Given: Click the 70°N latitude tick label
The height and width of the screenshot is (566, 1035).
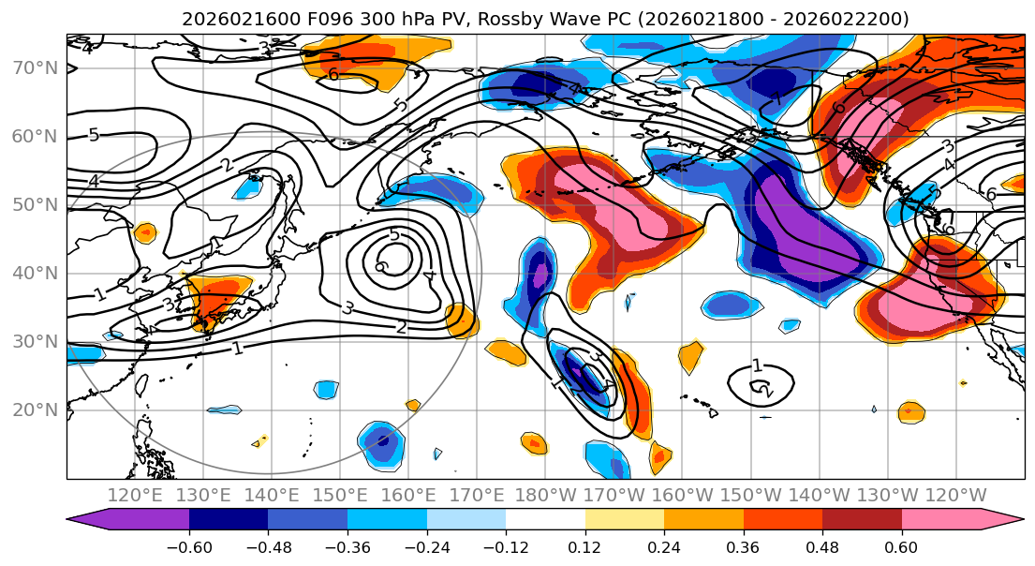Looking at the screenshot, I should (x=35, y=67).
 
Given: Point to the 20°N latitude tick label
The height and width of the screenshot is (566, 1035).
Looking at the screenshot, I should (x=35, y=410).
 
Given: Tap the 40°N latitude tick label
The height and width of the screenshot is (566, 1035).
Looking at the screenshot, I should (x=35, y=273).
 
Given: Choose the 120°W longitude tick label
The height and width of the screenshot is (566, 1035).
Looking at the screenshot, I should (x=956, y=495).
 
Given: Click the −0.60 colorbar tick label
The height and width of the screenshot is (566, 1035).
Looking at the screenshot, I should (x=188, y=545).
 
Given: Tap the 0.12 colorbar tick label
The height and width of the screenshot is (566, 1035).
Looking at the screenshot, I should (x=584, y=545).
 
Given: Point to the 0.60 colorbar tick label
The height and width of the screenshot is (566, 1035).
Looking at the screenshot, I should (x=901, y=545).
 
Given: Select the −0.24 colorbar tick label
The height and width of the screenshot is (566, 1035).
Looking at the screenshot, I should (x=426, y=545).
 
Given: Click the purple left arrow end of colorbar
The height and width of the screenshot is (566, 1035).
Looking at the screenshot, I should (x=89, y=520).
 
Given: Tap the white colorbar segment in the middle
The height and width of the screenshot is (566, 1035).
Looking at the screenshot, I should (x=545, y=520).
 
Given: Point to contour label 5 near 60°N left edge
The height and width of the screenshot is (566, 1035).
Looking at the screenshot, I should (x=94, y=135).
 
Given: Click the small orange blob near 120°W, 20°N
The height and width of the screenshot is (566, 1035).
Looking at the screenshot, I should (x=909, y=410).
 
